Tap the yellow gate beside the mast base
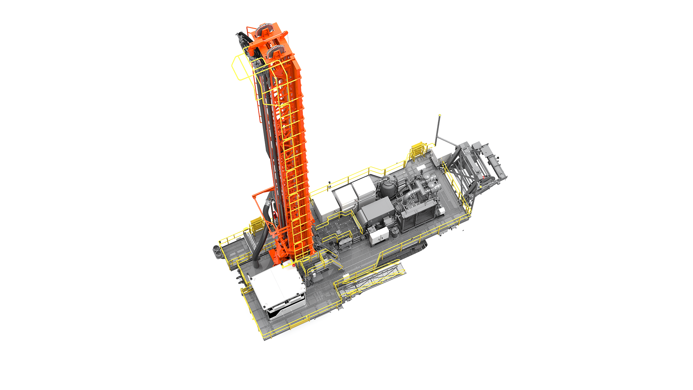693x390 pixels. [257, 226]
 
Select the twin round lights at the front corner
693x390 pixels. [218, 251]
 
